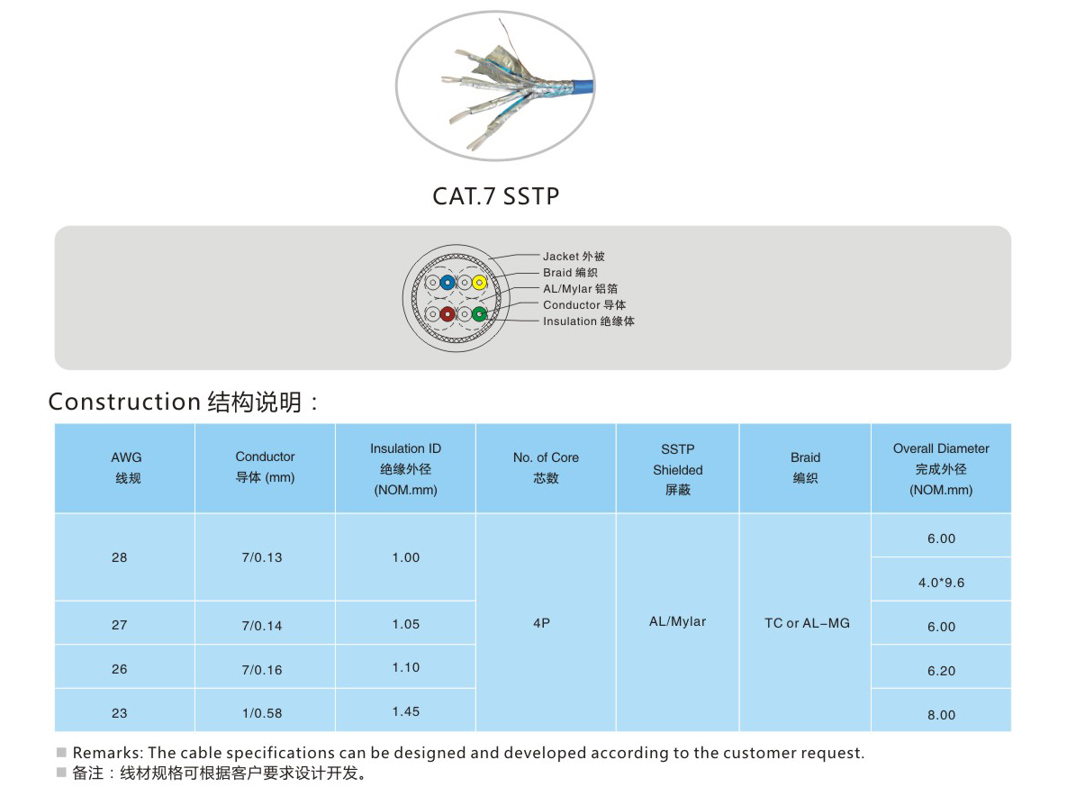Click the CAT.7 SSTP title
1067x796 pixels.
pos(496,196)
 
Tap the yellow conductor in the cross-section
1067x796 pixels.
pos(480,283)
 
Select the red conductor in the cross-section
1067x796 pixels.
pos(448,314)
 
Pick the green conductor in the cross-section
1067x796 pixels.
pos(480,314)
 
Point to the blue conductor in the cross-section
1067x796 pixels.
pos(448,283)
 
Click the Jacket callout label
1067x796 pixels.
pos(574,257)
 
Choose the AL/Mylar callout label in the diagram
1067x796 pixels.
pos(581,288)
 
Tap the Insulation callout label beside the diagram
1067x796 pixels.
pos(589,321)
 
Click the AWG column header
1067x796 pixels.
pos(127,467)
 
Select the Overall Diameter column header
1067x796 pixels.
pos(941,469)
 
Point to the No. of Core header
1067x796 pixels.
pos(546,467)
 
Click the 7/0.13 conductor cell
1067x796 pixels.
pos(262,557)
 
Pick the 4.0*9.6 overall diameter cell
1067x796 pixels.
pos(941,583)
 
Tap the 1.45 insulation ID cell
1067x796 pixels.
pos(405,711)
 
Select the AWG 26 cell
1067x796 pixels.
pos(119,669)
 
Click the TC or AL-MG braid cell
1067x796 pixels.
pos(807,623)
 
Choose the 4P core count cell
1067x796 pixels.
pos(542,623)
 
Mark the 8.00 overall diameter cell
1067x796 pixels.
pos(941,714)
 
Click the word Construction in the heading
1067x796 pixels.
pos(124,402)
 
